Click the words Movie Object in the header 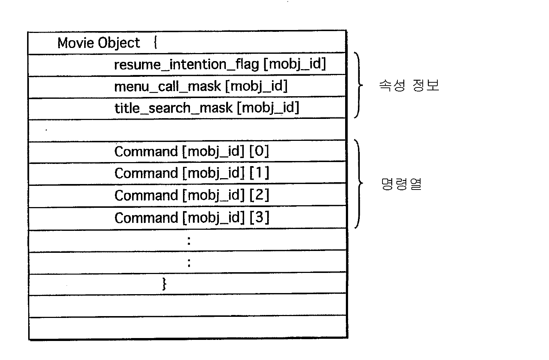[x=98, y=43]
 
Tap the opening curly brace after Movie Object [x=156, y=43]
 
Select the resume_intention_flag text [x=187, y=65]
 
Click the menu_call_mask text [x=168, y=87]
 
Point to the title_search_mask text [x=173, y=108]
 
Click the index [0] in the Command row [x=259, y=151]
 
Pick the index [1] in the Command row [x=259, y=173]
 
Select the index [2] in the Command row [x=259, y=195]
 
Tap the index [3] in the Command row [x=259, y=218]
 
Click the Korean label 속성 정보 [x=408, y=86]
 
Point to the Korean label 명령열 [x=401, y=184]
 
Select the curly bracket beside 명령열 [x=358, y=184]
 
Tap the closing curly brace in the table [x=164, y=284]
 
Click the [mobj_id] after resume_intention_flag [x=294, y=64]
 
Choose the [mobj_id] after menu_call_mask [x=256, y=86]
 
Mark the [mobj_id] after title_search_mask [x=268, y=108]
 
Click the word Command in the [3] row [x=146, y=218]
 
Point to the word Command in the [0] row [x=146, y=151]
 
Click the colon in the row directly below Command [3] [x=189, y=240]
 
